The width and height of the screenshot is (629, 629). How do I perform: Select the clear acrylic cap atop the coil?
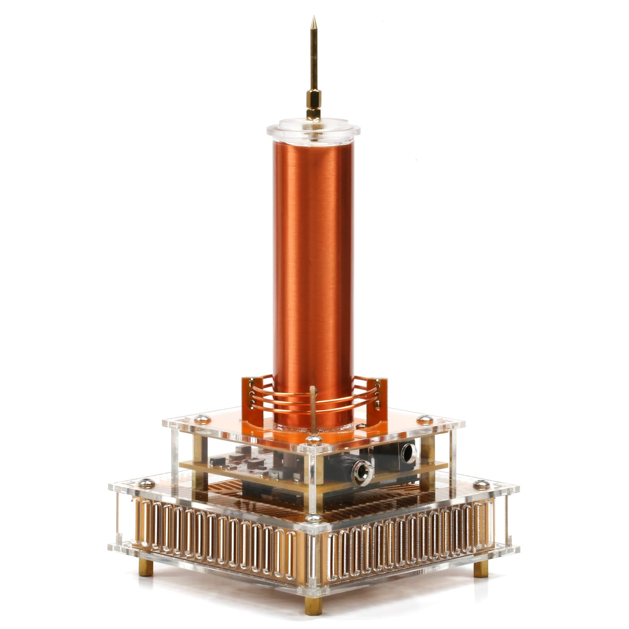[x=313, y=130]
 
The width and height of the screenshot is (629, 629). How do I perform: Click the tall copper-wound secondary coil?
[x=313, y=260]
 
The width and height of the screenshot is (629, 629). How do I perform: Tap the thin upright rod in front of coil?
[x=313, y=410]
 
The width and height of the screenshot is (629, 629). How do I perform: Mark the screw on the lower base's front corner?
[x=314, y=518]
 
